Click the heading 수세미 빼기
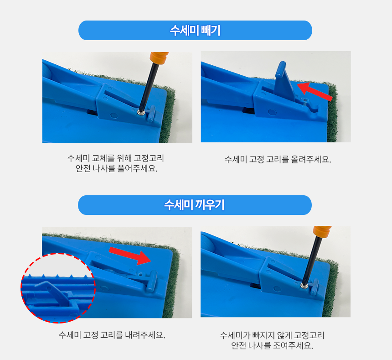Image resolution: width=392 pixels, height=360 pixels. click(195, 30)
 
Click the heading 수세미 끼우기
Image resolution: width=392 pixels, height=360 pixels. click(195, 205)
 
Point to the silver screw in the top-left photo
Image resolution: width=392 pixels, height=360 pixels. click(141, 113)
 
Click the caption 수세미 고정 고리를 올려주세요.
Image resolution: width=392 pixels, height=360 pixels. click(278, 159)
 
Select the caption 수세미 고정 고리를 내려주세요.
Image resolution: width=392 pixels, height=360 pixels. click(112, 335)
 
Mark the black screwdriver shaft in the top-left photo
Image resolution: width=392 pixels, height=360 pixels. click(147, 86)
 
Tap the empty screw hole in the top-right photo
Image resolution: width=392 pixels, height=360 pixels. click(304, 100)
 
